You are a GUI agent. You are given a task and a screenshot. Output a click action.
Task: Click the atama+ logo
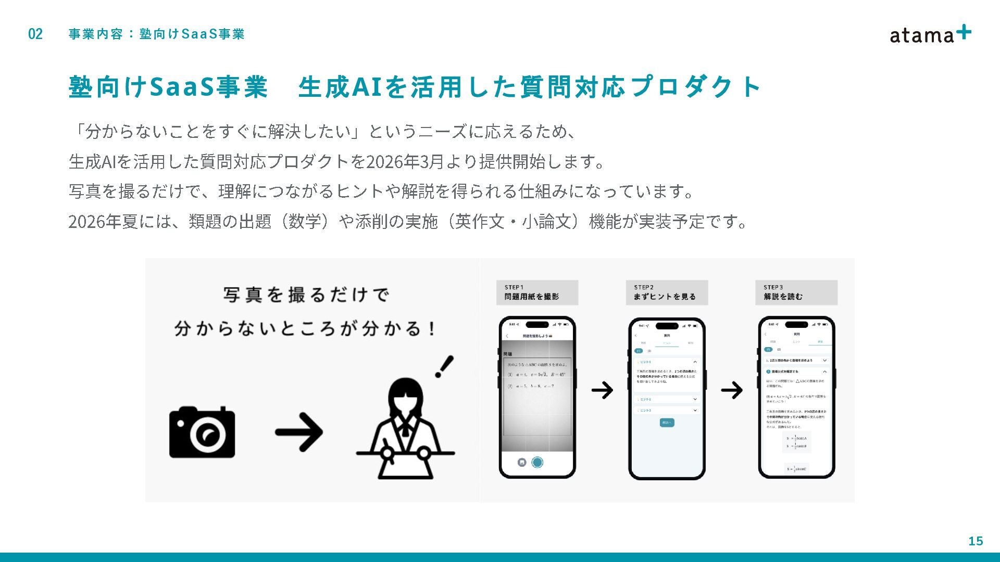click(x=930, y=34)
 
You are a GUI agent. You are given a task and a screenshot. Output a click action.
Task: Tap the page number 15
click(x=976, y=541)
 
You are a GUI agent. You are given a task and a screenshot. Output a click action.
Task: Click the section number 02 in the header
click(x=35, y=34)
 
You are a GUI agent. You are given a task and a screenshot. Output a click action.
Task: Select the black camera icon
click(x=202, y=432)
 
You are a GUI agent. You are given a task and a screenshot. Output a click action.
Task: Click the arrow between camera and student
click(x=299, y=432)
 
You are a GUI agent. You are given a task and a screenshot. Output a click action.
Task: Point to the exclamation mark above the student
click(x=444, y=366)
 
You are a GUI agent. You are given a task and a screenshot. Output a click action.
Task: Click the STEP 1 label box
click(x=537, y=292)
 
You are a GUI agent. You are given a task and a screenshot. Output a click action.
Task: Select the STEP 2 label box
click(x=667, y=292)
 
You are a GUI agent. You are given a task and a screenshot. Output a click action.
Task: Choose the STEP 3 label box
click(x=796, y=292)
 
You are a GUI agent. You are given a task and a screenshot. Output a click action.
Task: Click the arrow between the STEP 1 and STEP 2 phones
click(x=602, y=390)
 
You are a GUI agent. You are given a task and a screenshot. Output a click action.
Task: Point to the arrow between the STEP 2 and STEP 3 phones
click(x=732, y=390)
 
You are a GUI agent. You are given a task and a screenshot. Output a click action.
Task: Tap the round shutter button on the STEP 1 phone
click(x=537, y=462)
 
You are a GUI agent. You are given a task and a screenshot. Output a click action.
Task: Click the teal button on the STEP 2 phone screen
click(x=667, y=423)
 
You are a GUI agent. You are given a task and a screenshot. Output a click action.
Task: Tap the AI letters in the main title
click(x=368, y=86)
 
